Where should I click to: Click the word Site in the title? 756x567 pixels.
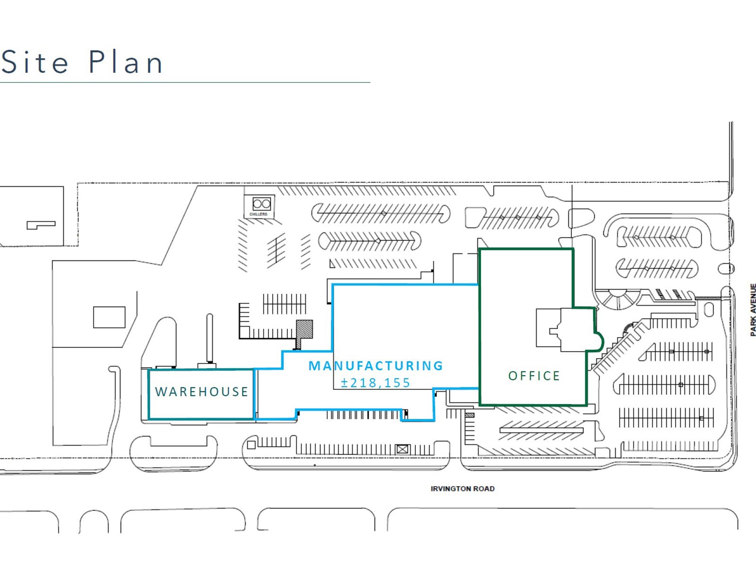[x=35, y=62]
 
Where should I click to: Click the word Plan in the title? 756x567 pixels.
[x=126, y=62]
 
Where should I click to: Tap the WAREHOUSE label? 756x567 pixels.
[x=202, y=392]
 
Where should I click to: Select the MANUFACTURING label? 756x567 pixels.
[x=376, y=366]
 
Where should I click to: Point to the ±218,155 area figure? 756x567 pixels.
[x=376, y=383]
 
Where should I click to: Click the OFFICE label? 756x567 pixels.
[x=534, y=376]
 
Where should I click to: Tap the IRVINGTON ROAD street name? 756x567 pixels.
[x=462, y=489]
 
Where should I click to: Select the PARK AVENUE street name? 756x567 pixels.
[x=753, y=309]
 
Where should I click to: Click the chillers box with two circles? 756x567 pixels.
[x=261, y=204]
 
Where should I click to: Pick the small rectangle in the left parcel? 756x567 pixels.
[x=109, y=317]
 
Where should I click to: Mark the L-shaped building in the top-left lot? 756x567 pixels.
[x=41, y=225]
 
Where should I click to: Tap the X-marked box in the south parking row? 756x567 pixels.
[x=402, y=449]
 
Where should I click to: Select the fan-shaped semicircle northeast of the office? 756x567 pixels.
[x=617, y=299]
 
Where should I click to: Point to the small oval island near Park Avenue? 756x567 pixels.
[x=726, y=269]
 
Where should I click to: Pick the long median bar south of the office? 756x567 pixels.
[x=541, y=430]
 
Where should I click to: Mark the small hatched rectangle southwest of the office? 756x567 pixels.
[x=470, y=415]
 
